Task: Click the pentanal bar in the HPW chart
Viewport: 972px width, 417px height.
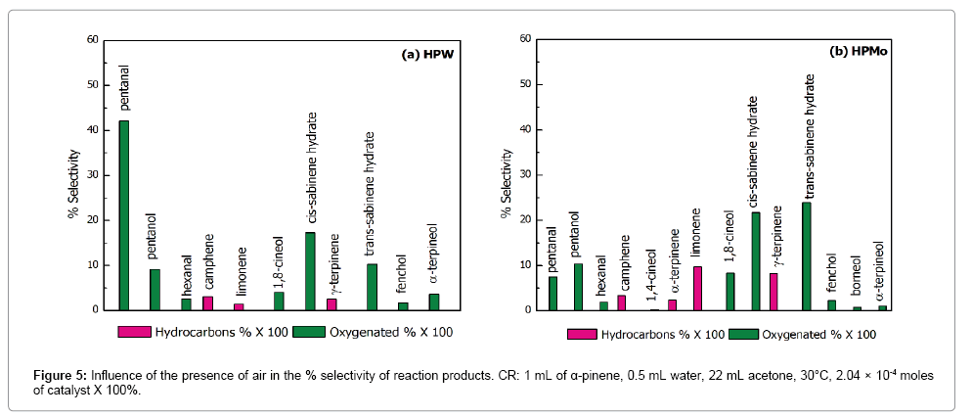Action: (x=124, y=215)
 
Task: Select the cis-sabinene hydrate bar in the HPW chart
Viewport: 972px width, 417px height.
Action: (x=310, y=271)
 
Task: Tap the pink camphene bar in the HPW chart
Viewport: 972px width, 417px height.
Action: (x=207, y=303)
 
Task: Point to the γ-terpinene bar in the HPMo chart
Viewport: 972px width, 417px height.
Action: (x=773, y=292)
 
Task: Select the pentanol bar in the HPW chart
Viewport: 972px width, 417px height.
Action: (x=155, y=290)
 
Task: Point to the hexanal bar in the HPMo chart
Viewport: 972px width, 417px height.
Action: (x=603, y=305)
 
